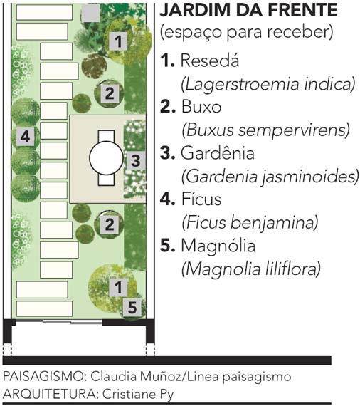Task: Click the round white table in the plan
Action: (106, 158)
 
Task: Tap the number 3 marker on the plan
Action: (135, 160)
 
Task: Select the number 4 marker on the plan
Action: (25, 137)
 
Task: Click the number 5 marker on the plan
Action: (132, 308)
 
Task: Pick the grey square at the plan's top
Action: (91, 13)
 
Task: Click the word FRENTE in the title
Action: (302, 10)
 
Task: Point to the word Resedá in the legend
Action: (209, 61)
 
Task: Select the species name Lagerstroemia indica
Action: (268, 84)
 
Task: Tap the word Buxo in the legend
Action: (201, 106)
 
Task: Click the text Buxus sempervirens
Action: (265, 130)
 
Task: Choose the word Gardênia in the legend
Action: (218, 152)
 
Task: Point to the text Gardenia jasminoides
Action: (270, 177)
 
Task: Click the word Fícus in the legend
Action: (201, 199)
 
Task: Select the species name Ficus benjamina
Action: (250, 222)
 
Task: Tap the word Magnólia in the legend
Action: (218, 245)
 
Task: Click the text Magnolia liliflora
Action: (251, 269)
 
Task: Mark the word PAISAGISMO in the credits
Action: (44, 377)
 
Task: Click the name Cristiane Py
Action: (138, 395)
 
